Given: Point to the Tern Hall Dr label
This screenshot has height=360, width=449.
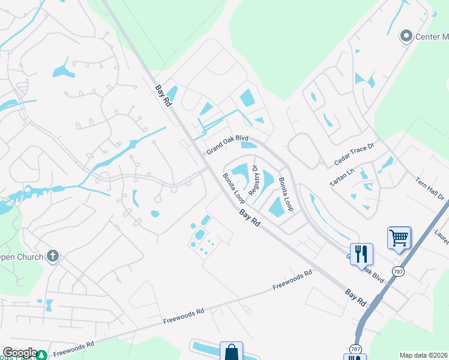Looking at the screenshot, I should point(430,188).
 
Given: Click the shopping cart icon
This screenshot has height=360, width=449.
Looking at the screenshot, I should point(399,238).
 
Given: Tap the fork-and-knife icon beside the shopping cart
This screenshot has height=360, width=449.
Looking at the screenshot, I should point(361,254).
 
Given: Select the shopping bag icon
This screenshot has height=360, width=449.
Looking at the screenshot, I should point(231,352).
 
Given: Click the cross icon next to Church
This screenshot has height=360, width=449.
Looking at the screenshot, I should point(53,257).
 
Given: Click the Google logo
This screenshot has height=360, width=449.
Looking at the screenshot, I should point(19,353).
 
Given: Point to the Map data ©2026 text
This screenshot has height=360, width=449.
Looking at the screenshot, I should point(423,355).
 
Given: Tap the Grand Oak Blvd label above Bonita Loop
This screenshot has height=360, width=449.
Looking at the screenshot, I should point(228,145).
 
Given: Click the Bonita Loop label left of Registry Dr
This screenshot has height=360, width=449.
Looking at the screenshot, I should point(234,188).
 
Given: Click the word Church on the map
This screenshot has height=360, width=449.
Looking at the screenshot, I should point(29,257).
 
